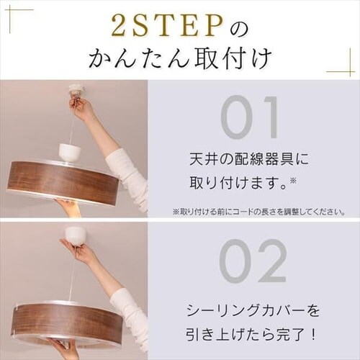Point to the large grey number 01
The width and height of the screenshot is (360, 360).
(x=249, y=117)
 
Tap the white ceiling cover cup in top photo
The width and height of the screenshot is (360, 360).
(x=71, y=152)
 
